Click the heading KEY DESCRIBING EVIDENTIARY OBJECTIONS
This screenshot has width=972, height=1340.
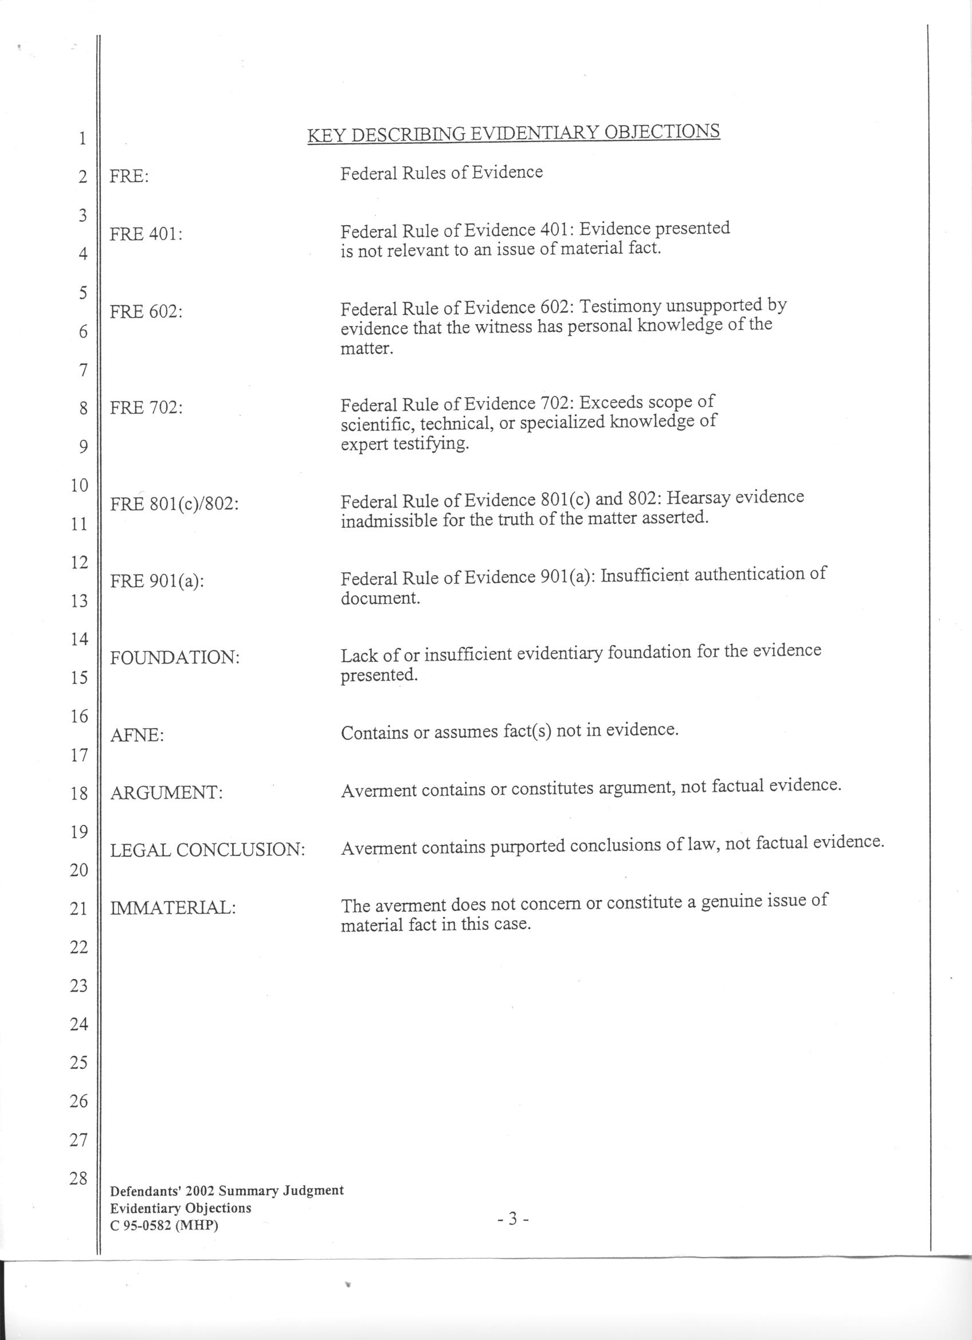514,134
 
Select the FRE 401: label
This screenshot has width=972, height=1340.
146,234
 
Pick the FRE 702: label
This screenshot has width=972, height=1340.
146,408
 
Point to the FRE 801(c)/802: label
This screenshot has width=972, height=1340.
174,504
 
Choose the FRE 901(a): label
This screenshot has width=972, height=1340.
157,581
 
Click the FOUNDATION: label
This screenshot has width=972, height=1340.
175,658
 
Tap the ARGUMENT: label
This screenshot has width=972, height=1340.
167,793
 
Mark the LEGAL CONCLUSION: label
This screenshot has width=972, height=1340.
207,850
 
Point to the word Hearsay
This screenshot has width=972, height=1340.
698,498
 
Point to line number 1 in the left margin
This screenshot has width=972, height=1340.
81,139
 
